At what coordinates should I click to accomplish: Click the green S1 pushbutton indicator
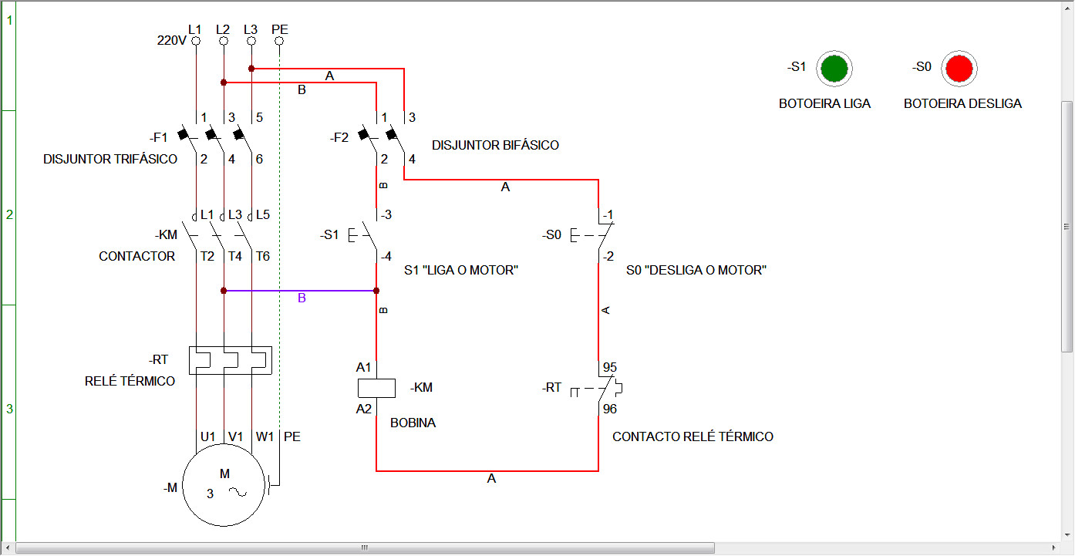834,69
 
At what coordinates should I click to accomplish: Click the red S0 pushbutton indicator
960,69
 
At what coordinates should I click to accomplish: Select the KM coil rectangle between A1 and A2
376,388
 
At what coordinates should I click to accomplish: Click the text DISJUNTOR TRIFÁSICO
110,160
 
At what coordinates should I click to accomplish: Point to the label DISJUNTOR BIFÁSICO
495,145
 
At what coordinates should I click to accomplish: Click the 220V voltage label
171,41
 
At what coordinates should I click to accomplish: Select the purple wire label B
302,298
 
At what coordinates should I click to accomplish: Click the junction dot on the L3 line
251,69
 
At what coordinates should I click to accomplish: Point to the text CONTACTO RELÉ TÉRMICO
693,437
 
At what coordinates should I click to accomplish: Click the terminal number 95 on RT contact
610,367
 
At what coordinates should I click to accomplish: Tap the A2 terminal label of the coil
364,409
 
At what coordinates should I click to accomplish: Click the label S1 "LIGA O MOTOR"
460,271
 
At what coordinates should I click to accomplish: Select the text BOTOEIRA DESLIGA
962,103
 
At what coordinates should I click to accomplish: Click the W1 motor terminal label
265,436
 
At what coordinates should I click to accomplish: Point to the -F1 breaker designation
159,138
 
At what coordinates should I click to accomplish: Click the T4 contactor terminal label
235,256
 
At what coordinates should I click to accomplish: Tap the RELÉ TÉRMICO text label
130,381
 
